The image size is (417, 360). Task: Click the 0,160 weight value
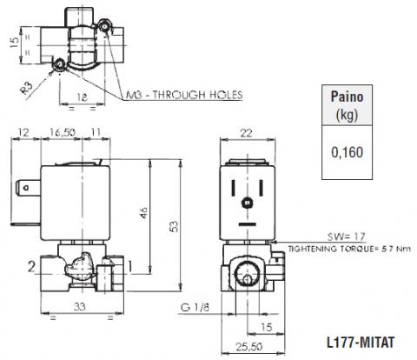[x=347, y=152]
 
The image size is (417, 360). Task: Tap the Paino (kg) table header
[x=347, y=105]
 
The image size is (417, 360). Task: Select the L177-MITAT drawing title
[x=361, y=343]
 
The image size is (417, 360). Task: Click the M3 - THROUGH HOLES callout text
[x=184, y=95]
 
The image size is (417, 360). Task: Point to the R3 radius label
[x=27, y=88]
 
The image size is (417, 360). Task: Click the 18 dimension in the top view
[x=82, y=97]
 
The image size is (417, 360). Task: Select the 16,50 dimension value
[x=62, y=132]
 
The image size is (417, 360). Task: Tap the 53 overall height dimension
[x=174, y=226]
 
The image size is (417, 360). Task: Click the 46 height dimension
[x=143, y=212]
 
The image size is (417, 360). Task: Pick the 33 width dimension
[x=79, y=306]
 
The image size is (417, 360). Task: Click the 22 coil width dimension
[x=247, y=133]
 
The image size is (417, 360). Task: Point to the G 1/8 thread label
[x=195, y=307]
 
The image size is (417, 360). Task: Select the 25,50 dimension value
[x=249, y=347]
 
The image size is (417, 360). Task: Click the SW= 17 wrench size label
[x=347, y=237]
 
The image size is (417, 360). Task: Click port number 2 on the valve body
[x=31, y=267]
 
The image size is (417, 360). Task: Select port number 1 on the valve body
[x=130, y=267]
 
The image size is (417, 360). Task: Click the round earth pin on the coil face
[x=247, y=203]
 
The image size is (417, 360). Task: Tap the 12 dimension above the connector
[x=23, y=132]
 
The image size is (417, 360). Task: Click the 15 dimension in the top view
[x=14, y=43]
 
